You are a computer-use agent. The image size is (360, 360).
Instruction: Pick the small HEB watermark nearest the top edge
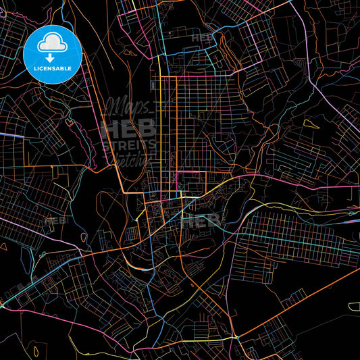click(x=202, y=38)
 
